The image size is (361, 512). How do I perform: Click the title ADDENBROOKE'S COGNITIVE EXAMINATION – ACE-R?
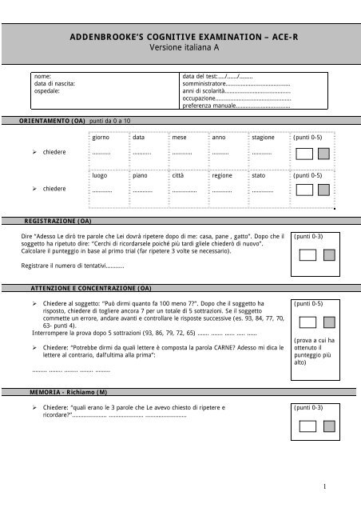180,38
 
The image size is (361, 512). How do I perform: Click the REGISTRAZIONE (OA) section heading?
57,219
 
